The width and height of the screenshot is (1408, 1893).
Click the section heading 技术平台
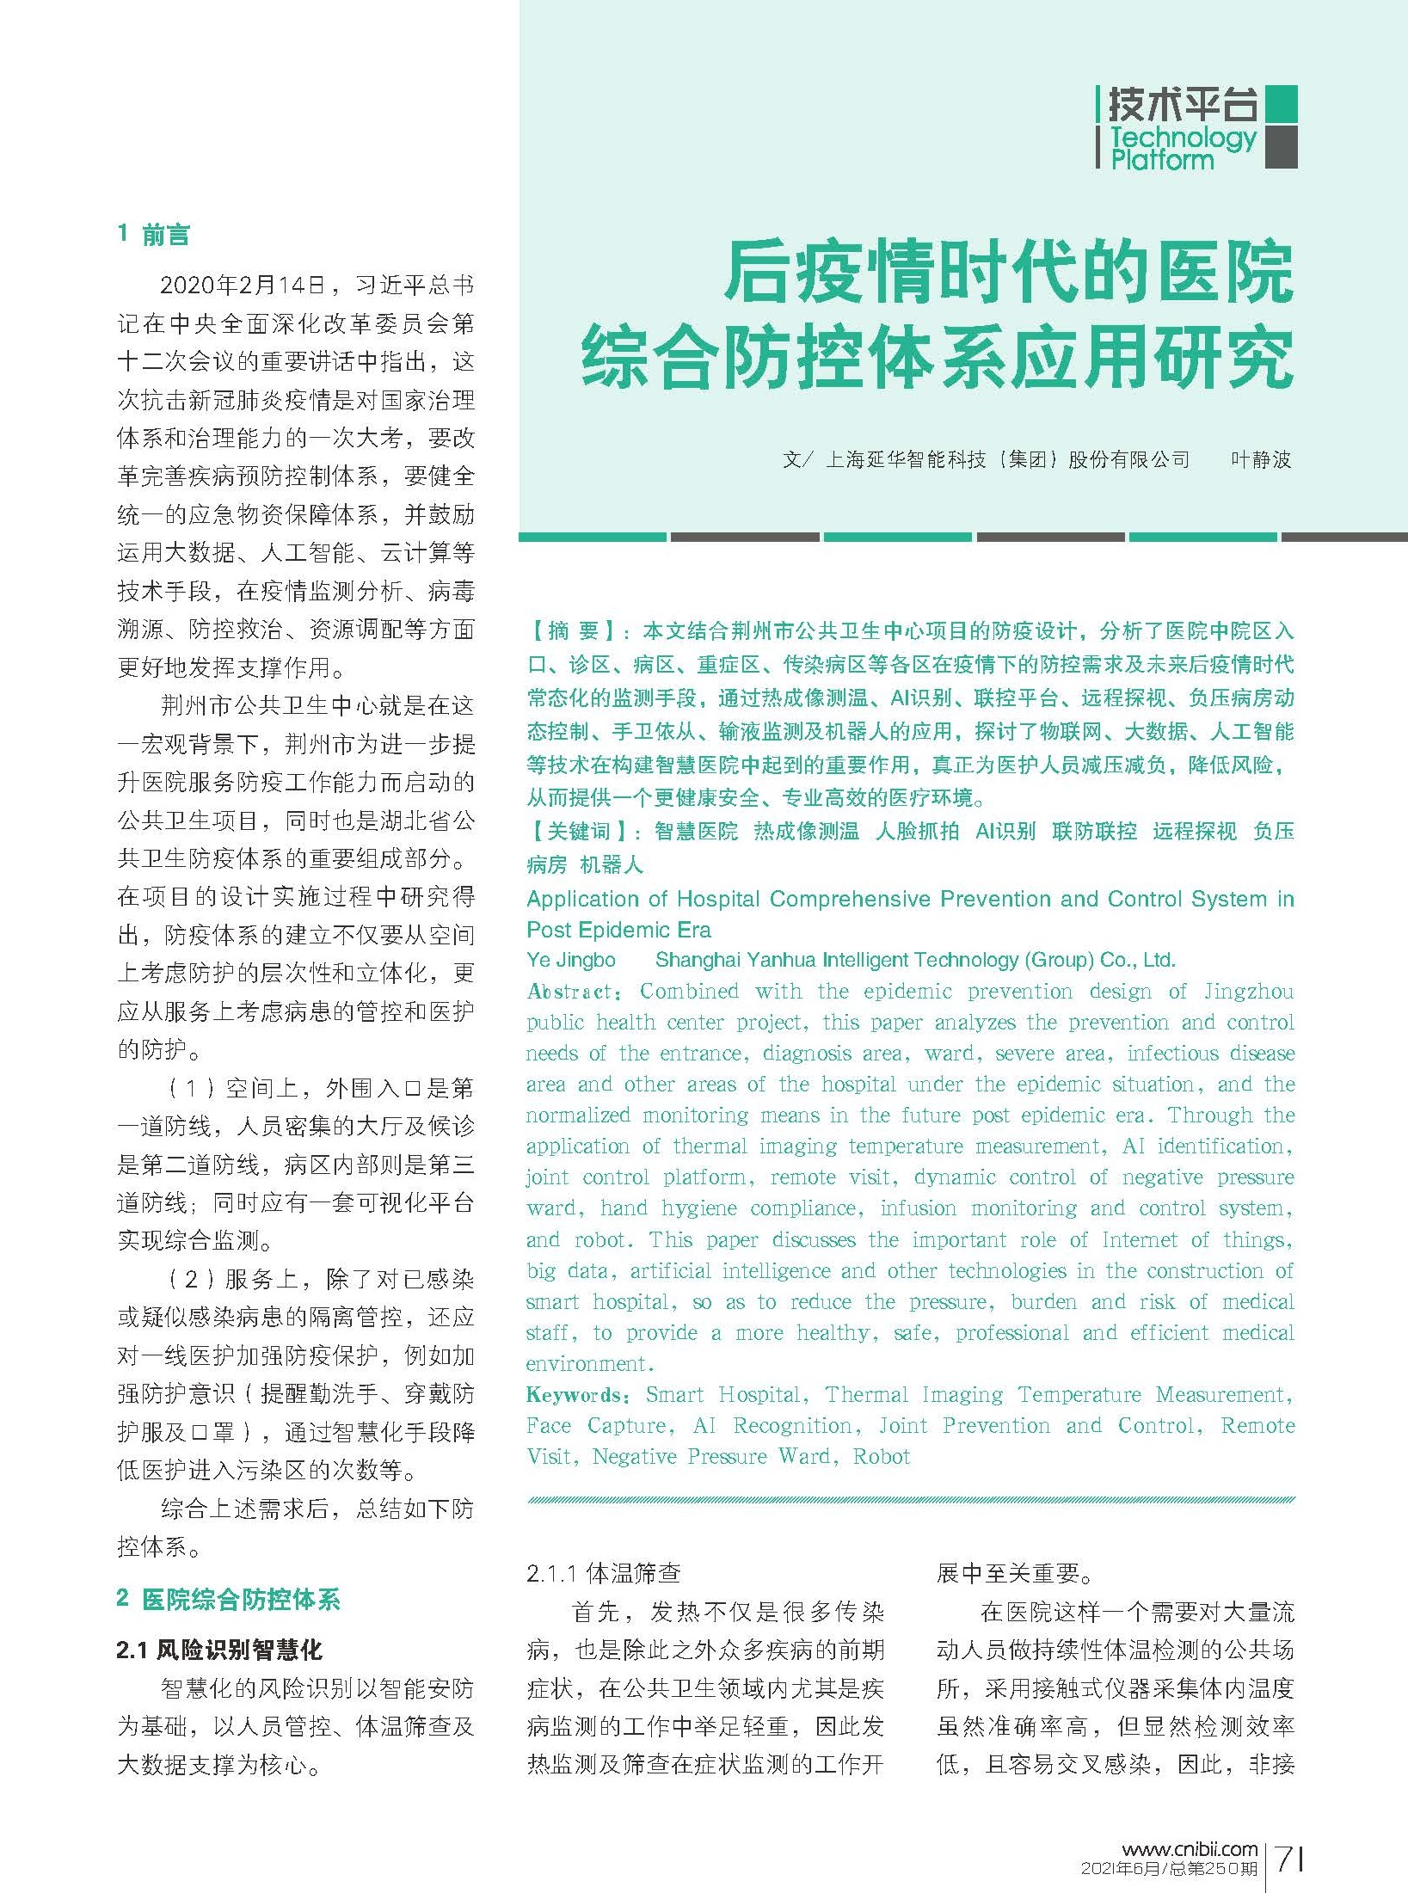click(x=1181, y=105)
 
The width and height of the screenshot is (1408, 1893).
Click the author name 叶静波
click(x=1261, y=460)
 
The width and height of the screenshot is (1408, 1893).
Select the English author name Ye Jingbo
click(x=571, y=960)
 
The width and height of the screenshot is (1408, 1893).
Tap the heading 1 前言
click(x=153, y=234)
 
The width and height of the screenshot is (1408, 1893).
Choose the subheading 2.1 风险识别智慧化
click(x=219, y=1650)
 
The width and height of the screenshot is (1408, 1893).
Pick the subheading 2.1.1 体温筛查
click(x=604, y=1573)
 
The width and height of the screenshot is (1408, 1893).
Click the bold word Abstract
click(x=570, y=992)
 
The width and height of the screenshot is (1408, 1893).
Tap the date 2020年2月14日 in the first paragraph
click(x=244, y=286)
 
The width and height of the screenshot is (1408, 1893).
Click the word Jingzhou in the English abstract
click(x=1248, y=992)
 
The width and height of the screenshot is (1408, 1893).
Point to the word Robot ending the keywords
click(x=881, y=1457)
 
